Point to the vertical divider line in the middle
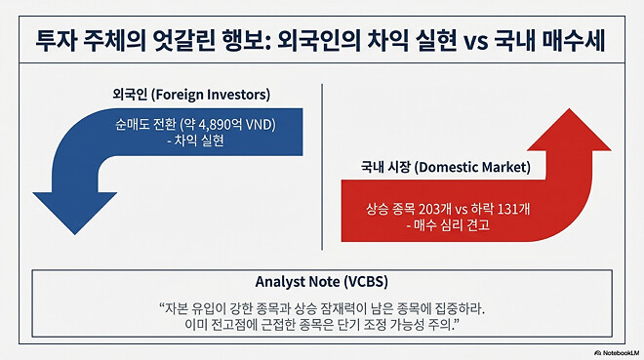(x=322, y=146)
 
